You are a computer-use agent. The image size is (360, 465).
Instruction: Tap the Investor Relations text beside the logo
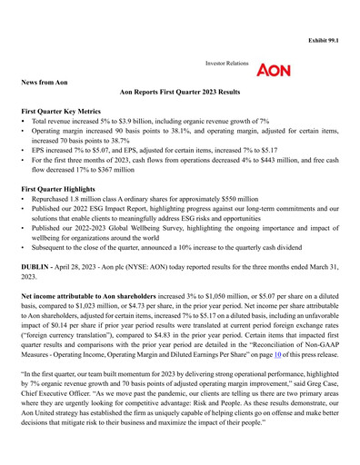[x=227, y=65]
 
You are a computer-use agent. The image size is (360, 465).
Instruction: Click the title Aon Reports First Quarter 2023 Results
[x=179, y=93]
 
